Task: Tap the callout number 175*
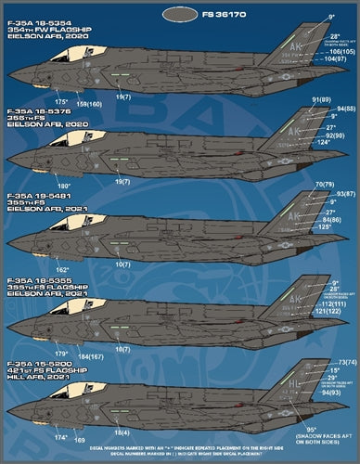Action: click(61, 100)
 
